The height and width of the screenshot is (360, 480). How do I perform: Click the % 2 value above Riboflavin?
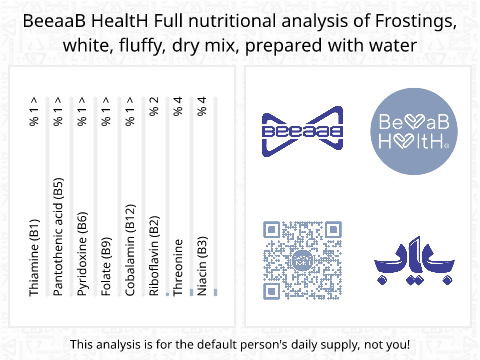tap(153, 107)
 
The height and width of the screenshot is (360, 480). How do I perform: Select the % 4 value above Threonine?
tap(177, 107)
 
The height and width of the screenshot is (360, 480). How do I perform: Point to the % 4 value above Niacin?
tap(201, 107)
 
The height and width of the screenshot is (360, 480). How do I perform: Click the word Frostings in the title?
tap(412, 22)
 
